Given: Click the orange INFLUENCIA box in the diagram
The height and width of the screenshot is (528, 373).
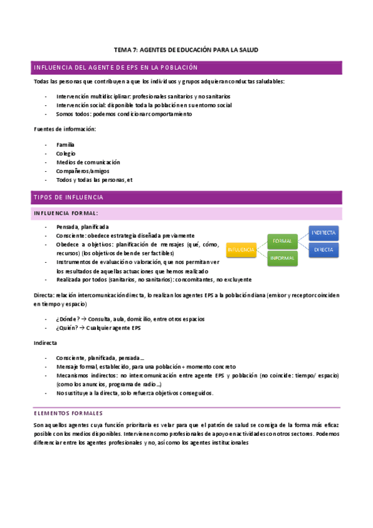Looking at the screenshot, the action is (241, 249).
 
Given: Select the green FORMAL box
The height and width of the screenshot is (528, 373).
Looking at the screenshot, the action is (283, 240).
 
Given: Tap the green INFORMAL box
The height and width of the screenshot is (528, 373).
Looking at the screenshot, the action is (283, 258).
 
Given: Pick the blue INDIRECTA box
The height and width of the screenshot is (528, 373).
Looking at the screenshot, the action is (324, 232).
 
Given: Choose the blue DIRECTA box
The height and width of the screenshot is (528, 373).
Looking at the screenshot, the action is (324, 249).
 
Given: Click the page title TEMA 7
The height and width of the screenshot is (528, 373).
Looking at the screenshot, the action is (186, 49).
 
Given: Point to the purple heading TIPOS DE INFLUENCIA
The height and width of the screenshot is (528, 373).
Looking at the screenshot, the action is (68, 197).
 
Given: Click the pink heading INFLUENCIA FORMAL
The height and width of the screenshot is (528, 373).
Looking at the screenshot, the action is (65, 214).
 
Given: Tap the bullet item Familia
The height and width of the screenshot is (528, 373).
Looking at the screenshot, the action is (65, 144).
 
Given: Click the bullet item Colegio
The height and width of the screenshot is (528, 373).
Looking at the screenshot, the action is (65, 153).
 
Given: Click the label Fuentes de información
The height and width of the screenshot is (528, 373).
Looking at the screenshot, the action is (65, 129).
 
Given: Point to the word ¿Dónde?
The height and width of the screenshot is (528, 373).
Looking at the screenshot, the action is (68, 319).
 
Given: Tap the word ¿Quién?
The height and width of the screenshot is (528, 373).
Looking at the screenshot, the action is (68, 328).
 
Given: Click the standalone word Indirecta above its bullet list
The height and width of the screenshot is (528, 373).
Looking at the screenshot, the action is (45, 342).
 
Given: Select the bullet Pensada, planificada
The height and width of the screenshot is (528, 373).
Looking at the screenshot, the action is (82, 227).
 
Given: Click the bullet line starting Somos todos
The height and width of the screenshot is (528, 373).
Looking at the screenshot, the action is (115, 114).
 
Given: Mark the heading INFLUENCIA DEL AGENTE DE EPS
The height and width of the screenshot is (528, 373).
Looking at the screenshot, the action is (115, 67).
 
